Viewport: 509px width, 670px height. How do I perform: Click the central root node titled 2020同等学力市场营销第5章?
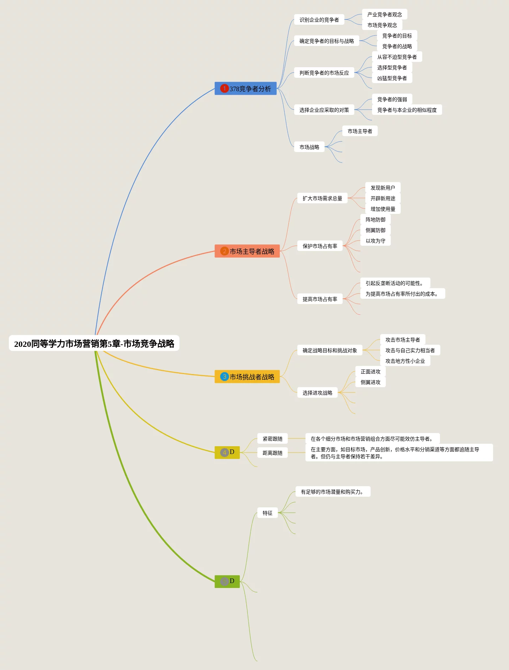click(x=94, y=343)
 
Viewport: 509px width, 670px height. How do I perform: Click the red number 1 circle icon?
click(x=224, y=88)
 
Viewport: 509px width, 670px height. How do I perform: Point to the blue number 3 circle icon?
click(x=224, y=377)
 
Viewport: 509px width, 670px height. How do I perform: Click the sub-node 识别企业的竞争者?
click(x=319, y=20)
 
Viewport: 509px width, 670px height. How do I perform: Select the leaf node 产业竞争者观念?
click(x=384, y=14)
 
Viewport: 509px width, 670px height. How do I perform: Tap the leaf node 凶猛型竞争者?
click(x=392, y=78)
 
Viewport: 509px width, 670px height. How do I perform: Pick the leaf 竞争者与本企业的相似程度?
click(x=407, y=110)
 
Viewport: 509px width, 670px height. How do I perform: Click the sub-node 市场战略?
click(x=309, y=147)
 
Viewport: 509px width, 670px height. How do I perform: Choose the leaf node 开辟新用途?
click(x=383, y=198)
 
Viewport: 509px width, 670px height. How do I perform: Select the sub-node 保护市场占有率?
click(x=320, y=246)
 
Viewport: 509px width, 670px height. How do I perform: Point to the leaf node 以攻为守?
click(x=375, y=241)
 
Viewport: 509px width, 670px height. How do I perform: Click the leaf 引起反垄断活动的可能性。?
click(x=395, y=283)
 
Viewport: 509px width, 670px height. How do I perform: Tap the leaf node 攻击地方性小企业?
click(x=405, y=361)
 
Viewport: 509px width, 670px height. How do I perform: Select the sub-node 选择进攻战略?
click(x=317, y=393)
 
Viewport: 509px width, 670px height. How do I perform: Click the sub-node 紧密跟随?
click(x=272, y=439)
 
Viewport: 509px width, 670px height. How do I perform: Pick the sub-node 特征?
click(x=267, y=513)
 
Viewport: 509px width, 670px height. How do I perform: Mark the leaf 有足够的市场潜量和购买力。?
click(x=332, y=492)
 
